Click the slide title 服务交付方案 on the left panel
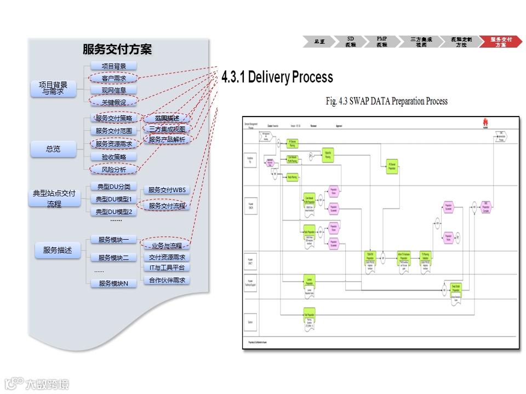tap(117, 50)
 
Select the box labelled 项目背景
tap(114, 66)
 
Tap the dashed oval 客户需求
tap(114, 78)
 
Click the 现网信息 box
tap(114, 90)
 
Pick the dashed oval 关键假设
tap(114, 102)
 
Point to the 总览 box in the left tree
tap(53, 149)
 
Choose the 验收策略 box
tap(114, 157)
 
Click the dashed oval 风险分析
tap(114, 170)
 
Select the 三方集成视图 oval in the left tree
tap(167, 129)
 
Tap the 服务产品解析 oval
tap(167, 140)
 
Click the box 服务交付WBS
tap(167, 190)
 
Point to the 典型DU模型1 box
tap(114, 199)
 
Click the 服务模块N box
tap(114, 283)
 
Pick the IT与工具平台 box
tap(167, 268)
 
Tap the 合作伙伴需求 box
tap(167, 280)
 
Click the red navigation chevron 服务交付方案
tap(501, 42)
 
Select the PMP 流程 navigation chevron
tap(382, 42)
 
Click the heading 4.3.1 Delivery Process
tap(277, 77)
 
